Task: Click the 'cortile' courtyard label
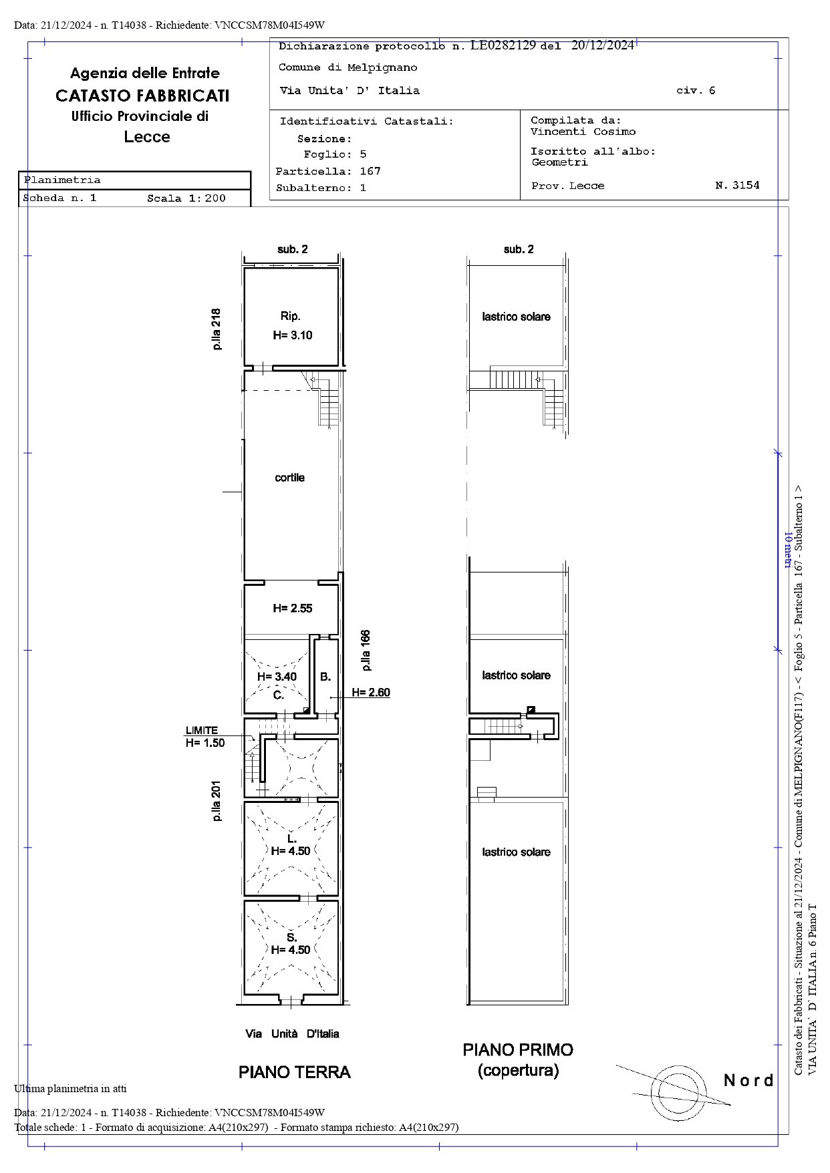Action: [289, 478]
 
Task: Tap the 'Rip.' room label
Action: [290, 317]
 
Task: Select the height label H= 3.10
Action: [292, 335]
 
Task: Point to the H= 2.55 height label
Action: [292, 609]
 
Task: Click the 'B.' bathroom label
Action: [325, 677]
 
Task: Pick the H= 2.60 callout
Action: [371, 693]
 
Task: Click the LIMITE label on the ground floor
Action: [202, 731]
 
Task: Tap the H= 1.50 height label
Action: [205, 743]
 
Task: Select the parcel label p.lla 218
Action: [217, 329]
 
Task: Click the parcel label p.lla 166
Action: [366, 651]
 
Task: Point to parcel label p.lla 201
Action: [217, 802]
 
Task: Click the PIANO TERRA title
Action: [294, 1072]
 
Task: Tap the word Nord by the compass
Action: [748, 1080]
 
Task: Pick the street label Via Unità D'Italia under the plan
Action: [292, 1034]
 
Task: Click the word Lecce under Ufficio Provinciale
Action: [147, 137]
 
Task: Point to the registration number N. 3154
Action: [737, 186]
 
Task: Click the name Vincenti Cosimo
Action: [583, 132]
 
